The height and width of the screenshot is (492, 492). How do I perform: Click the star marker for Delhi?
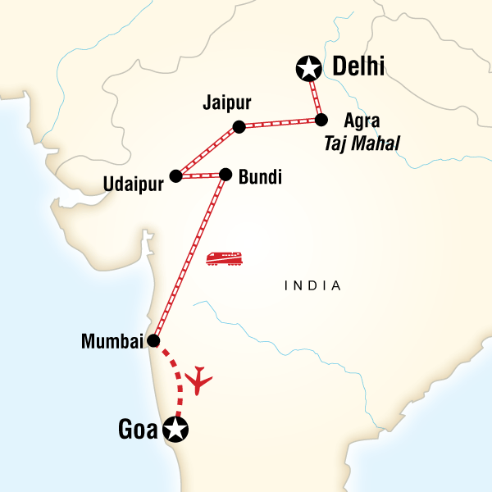point(307,69)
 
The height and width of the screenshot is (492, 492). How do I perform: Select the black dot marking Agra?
point(321,120)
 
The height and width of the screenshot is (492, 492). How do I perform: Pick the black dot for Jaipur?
point(239,126)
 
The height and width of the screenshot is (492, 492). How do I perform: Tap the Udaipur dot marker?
point(175,175)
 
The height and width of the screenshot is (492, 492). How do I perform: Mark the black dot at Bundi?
point(225,174)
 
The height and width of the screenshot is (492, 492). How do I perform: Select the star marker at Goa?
point(175,428)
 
